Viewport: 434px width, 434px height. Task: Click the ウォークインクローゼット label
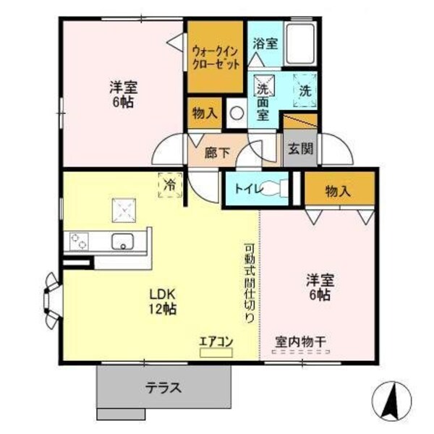pos(215,57)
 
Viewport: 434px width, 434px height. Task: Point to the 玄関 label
pos(300,150)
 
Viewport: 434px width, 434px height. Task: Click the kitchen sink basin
pos(123,241)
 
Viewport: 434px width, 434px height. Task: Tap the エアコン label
pos(216,340)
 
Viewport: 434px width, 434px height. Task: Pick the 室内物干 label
pos(301,341)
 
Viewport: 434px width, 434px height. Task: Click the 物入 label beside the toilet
pos(339,191)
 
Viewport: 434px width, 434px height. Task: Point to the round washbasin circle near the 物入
pos(236,113)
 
